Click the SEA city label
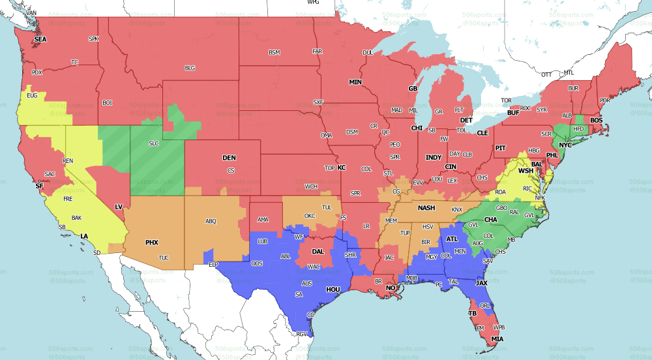[40, 39]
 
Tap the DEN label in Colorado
[229, 158]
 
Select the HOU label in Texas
[316, 289]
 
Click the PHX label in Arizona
[151, 243]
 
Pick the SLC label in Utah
[154, 143]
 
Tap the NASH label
[426, 208]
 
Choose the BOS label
[596, 121]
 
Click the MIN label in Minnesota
[355, 82]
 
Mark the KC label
[341, 168]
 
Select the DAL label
[318, 251]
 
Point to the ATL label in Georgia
[452, 239]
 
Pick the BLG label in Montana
[190, 68]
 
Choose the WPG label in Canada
[313, 3]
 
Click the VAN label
[31, 13]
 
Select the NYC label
[565, 145]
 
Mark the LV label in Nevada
[119, 207]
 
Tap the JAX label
[481, 283]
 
